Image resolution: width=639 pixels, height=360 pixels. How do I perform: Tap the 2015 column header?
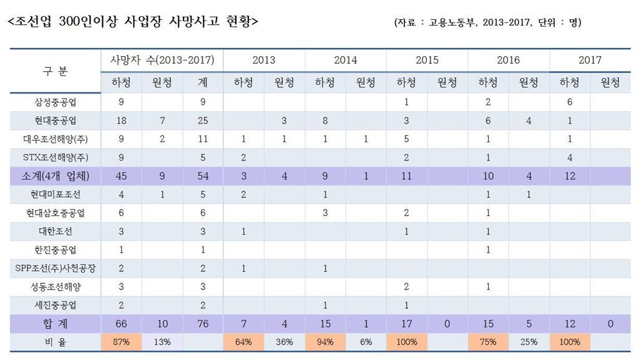tap(427, 60)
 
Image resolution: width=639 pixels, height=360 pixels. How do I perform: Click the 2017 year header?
tap(590, 60)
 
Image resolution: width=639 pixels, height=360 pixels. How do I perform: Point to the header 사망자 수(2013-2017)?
tap(162, 60)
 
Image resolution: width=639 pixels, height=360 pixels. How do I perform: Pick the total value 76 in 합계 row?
tap(202, 323)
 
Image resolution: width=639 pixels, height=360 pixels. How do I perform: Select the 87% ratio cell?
tap(121, 342)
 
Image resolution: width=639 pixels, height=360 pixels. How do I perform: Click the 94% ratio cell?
tap(324, 342)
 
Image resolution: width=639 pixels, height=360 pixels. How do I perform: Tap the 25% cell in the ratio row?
tap(529, 342)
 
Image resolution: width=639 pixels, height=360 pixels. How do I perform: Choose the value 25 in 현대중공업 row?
tap(202, 120)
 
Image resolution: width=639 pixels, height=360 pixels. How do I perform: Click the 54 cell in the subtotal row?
tap(202, 176)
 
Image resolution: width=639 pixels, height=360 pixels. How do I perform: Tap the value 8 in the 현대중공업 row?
tap(324, 120)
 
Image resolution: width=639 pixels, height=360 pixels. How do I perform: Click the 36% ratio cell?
tap(284, 342)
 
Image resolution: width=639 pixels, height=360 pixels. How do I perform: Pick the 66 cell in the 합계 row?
tap(121, 323)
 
